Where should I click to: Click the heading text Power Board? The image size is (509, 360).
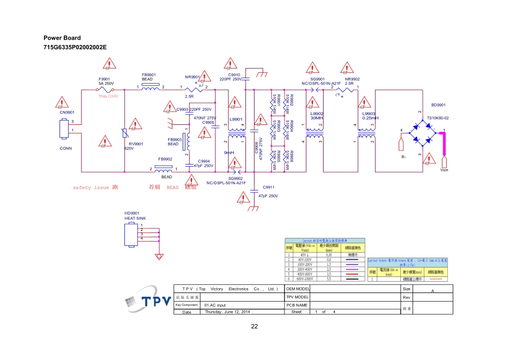(62, 38)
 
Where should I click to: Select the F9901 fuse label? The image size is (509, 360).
(104, 79)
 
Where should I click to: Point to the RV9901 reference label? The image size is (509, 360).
(136, 144)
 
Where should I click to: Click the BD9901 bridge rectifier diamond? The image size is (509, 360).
(428, 131)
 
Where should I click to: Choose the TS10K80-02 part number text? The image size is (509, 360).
(438, 118)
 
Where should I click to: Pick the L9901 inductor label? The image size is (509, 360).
(236, 119)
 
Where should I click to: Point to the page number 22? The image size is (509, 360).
(254, 326)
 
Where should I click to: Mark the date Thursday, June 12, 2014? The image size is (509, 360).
(228, 312)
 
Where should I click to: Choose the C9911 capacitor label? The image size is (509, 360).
(268, 187)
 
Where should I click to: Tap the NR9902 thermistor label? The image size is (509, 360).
(352, 79)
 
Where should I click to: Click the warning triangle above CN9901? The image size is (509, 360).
(64, 102)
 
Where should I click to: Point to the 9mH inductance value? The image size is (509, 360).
(229, 153)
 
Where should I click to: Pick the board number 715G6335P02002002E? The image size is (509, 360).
(75, 47)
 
